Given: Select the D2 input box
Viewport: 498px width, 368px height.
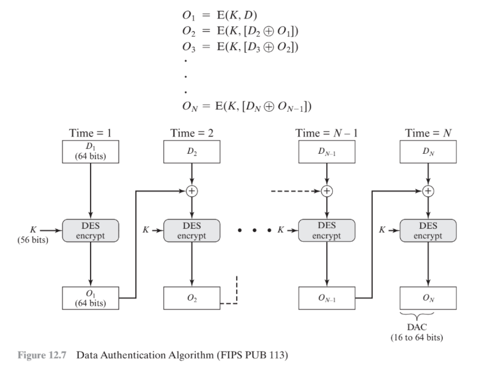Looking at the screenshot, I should tap(191, 152).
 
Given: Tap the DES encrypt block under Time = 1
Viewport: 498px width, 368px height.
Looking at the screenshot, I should tap(91, 230).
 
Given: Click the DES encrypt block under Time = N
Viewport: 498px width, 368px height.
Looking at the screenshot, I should tap(428, 230).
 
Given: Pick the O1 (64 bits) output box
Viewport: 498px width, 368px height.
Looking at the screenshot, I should tap(91, 298).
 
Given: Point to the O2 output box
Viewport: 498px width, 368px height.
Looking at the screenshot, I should tap(191, 298).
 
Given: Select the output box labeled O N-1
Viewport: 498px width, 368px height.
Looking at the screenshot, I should tap(327, 298).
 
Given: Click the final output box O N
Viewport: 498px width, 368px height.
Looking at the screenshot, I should tap(428, 298).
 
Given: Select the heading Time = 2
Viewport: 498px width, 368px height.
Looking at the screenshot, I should tap(191, 132).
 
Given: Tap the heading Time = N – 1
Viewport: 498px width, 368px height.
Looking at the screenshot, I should tap(326, 132).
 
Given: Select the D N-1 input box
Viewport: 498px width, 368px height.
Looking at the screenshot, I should tap(327, 152).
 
